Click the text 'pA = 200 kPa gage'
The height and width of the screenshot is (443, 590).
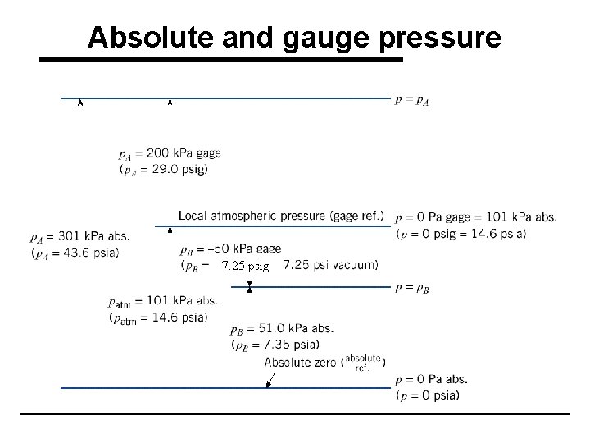(x=169, y=153)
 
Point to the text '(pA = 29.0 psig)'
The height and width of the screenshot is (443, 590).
(x=163, y=169)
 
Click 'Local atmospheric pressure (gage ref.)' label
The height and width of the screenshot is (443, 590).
(x=281, y=216)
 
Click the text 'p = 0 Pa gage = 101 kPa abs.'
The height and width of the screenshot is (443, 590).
(x=475, y=217)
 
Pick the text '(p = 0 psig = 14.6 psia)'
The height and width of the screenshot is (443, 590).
(x=461, y=233)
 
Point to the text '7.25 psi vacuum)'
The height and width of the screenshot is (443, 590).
(x=330, y=265)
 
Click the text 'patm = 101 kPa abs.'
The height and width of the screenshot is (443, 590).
(x=163, y=301)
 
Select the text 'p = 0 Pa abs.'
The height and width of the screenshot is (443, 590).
(x=431, y=380)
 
